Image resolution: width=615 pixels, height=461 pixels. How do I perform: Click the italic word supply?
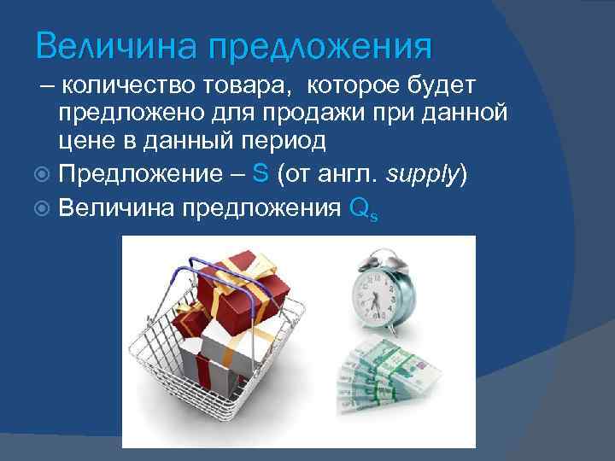click(x=423, y=173)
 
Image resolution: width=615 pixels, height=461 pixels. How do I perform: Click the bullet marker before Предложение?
click(x=44, y=173)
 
